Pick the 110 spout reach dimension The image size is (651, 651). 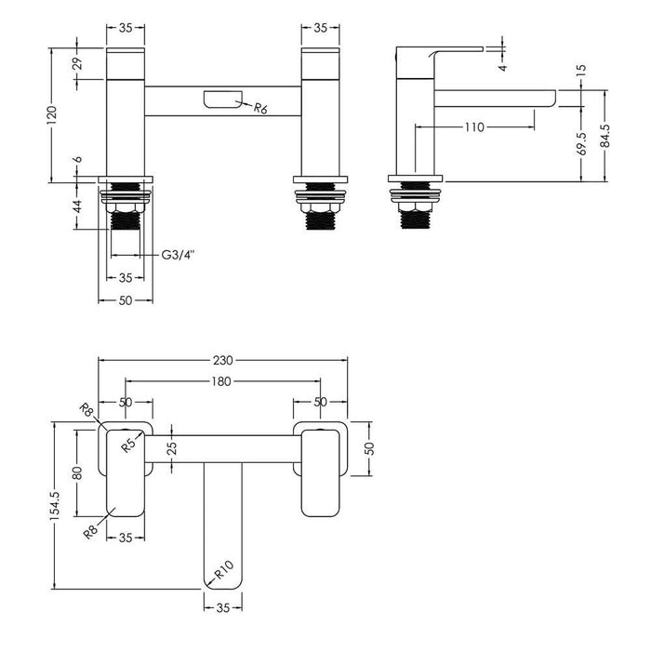click(x=473, y=127)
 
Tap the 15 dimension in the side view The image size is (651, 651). click(x=581, y=70)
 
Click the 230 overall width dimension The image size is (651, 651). click(x=223, y=360)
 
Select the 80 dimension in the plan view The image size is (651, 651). click(x=78, y=472)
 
